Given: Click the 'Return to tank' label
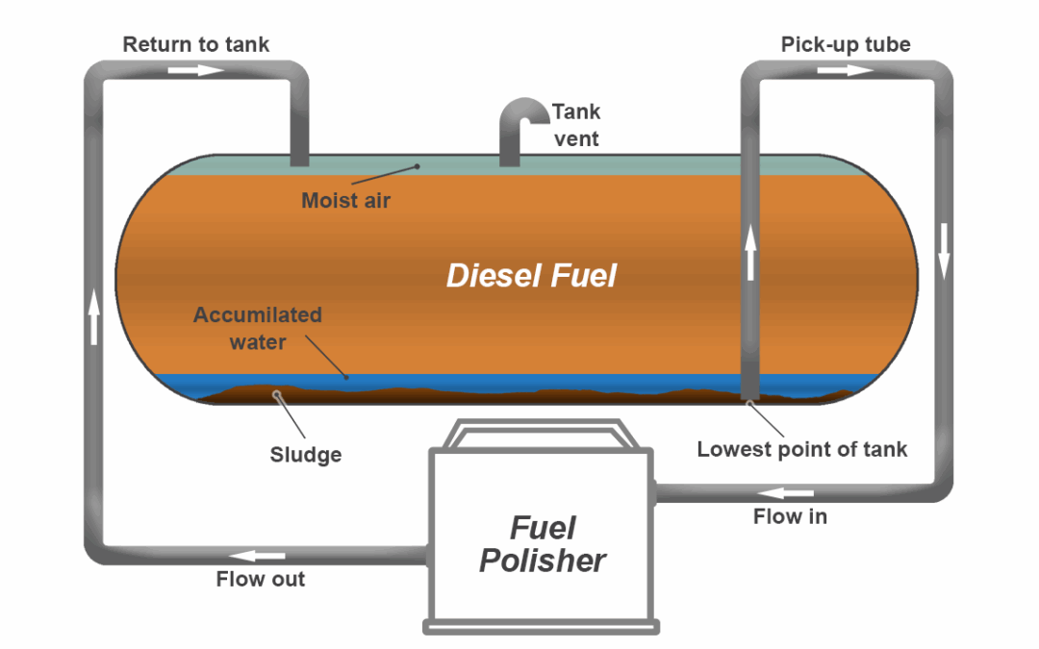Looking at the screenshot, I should (196, 44).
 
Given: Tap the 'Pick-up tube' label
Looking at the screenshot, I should (845, 44).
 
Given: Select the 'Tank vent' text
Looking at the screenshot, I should (575, 125).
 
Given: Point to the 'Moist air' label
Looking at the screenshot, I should (345, 201).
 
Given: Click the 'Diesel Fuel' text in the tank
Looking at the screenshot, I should (531, 276).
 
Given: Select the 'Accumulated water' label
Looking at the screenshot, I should (257, 328).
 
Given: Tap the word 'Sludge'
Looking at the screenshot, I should (305, 455).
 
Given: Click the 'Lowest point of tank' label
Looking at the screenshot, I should (801, 449).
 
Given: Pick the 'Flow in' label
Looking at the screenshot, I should (790, 516).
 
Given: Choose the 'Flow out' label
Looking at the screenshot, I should (260, 579).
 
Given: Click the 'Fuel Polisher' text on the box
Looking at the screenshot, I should (543, 544).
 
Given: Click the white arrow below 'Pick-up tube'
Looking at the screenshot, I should (846, 70).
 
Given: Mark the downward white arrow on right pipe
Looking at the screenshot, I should (944, 250).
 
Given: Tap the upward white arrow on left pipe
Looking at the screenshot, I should (94, 318).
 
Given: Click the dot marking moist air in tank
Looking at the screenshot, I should (418, 166).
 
